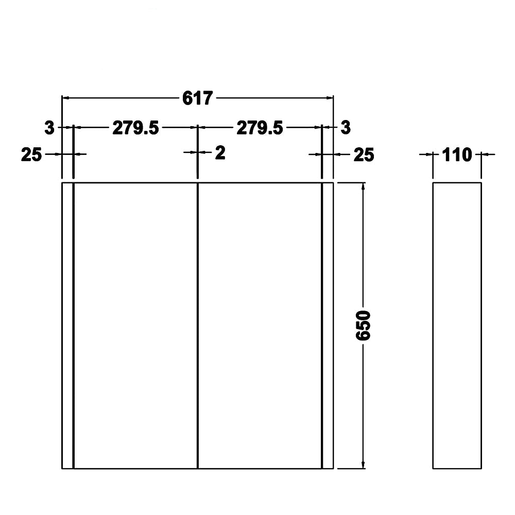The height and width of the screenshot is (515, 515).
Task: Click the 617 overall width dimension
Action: pos(197,98)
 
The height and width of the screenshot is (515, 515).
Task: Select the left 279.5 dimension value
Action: pos(135,128)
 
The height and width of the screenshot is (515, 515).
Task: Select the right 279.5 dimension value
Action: pos(260,128)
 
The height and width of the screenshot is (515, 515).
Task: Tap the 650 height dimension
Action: pos(363,325)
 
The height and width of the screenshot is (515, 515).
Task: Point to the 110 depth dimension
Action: pos(457,154)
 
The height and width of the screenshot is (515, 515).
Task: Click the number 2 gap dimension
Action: pos(220,153)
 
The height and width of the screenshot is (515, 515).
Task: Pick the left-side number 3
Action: pos(49,127)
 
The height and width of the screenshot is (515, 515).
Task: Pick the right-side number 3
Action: pos(346,127)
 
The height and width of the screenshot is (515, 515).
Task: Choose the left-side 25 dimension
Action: pos(31,154)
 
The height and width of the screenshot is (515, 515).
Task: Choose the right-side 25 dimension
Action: pos(364,154)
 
